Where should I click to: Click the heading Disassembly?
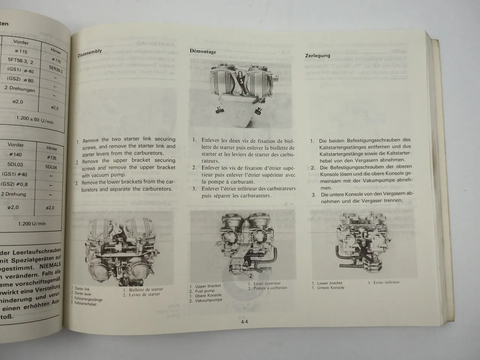coord(90,53)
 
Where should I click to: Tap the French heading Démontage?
coord(203,51)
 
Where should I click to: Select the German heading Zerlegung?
coord(318,55)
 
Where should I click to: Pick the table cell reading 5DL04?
coord(50,167)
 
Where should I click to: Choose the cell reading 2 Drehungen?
coord(20,90)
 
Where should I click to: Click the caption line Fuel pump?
coord(205,291)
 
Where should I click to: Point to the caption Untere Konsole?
coord(331,288)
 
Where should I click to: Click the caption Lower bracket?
coord(330,283)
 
